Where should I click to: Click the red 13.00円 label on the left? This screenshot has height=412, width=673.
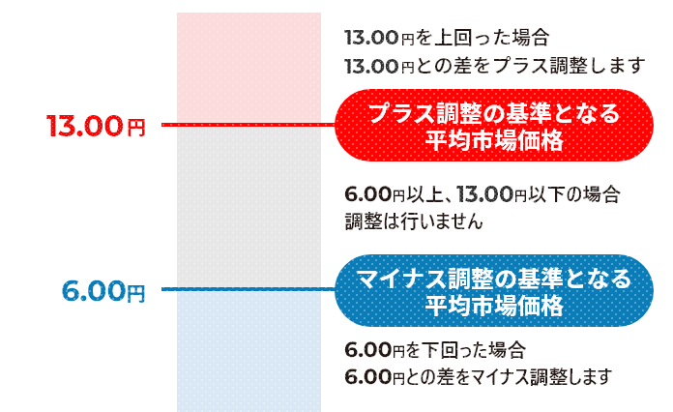[x=96, y=126]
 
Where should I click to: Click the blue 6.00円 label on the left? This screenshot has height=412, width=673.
[x=103, y=291]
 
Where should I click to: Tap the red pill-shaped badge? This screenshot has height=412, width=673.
[x=494, y=126]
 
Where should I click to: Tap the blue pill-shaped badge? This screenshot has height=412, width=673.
[x=494, y=290]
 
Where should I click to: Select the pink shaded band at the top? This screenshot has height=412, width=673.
[x=249, y=68]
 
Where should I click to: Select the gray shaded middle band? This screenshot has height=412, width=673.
[x=249, y=207]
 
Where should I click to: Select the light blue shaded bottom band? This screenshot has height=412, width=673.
[x=249, y=351]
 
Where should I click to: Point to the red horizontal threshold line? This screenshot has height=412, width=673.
[x=249, y=125]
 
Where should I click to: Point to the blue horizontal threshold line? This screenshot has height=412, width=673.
[x=249, y=289]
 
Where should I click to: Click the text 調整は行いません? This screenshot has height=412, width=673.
[x=414, y=221]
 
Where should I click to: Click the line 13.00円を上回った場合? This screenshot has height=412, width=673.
[x=447, y=38]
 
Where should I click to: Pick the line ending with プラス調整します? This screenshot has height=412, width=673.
[x=495, y=66]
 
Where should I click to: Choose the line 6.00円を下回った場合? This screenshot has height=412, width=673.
[x=435, y=350]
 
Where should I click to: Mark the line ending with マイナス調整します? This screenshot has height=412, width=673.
[x=478, y=377]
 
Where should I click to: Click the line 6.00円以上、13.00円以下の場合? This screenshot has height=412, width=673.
[x=483, y=194]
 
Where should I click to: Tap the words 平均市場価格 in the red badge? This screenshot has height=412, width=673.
[x=494, y=140]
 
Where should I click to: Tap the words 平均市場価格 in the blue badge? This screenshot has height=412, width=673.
[x=494, y=306]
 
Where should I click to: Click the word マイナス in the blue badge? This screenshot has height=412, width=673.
[x=401, y=279]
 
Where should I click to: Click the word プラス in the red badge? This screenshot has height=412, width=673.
[x=401, y=113]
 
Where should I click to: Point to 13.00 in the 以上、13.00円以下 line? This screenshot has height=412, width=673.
[x=484, y=194]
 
